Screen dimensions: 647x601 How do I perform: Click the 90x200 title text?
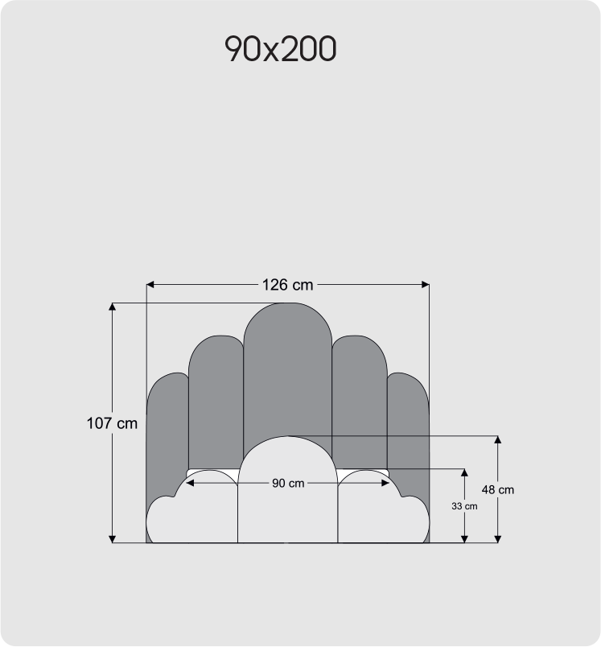coord(280,50)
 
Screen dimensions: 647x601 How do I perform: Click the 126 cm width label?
coord(287,284)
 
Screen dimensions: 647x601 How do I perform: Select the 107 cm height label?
coord(112,423)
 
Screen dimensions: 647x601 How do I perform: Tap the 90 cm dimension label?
coord(287,484)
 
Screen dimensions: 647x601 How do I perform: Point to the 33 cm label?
coord(464,506)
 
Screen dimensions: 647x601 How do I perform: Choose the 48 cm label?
coord(498,489)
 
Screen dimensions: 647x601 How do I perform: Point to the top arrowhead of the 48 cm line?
coord(498,440)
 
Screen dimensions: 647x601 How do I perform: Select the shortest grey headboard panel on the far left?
coord(165,427)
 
